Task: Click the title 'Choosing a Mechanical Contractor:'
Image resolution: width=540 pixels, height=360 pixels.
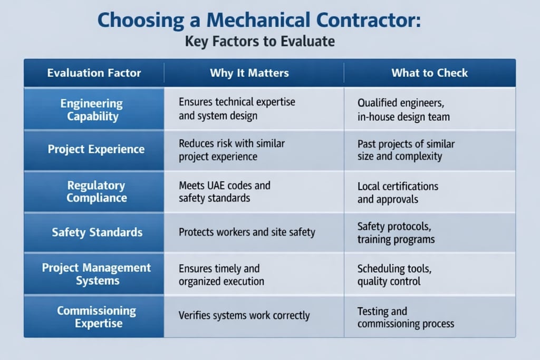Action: coord(259,21)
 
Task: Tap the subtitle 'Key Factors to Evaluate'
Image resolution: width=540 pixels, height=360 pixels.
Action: coord(259,41)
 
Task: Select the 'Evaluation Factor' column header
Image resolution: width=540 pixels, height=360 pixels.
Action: coord(94,73)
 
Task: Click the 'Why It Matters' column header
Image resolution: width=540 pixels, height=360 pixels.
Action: coord(249,73)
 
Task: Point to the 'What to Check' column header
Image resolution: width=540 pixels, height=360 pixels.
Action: coord(429,73)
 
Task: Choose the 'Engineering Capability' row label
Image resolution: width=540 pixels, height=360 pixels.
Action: coord(94,110)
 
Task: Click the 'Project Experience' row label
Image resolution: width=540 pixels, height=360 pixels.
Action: coord(96,149)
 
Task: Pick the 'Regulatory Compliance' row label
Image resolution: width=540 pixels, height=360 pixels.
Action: coord(97,192)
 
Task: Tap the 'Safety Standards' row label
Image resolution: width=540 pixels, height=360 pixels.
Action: coord(97,232)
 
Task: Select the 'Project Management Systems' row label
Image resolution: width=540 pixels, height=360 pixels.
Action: coord(96,274)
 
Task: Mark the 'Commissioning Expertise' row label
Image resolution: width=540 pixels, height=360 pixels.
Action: coord(97,317)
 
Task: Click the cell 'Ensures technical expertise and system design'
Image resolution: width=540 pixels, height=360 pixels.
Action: coord(237,109)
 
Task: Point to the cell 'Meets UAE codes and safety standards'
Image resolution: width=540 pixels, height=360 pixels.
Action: coord(225,192)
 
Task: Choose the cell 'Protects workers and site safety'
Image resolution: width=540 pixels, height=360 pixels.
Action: coord(247,232)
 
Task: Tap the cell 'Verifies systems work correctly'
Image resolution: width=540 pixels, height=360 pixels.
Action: coord(244,316)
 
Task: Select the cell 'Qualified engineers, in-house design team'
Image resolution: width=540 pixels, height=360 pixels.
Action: coord(403,110)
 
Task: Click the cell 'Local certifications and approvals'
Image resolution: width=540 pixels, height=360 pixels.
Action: coord(398,193)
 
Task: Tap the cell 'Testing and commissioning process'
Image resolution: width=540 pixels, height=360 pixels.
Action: coord(406,317)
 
